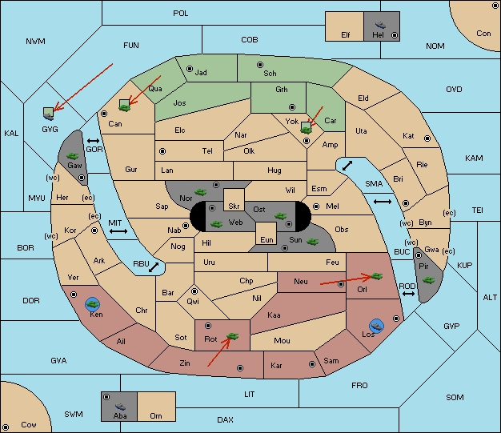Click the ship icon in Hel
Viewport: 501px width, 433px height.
[x=380, y=25]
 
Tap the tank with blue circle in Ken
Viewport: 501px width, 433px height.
[x=93, y=304]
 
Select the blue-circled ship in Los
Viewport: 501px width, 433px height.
[x=377, y=326]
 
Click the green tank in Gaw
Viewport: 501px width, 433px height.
[x=73, y=156]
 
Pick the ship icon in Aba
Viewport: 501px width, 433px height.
[x=120, y=407]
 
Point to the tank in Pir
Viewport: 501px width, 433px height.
[x=428, y=280]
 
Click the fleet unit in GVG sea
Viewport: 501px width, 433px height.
[x=48, y=114]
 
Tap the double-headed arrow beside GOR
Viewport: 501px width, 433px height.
[x=94, y=141]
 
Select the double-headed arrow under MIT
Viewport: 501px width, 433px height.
[x=118, y=231]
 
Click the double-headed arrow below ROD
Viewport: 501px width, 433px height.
[x=408, y=294]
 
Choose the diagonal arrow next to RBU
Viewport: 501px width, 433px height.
[x=154, y=267]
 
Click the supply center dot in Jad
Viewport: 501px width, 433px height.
[x=190, y=69]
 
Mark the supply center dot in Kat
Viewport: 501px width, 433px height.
[x=427, y=138]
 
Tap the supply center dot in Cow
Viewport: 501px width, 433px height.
[x=6, y=427]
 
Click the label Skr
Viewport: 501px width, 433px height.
[x=234, y=206]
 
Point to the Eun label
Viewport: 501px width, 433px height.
[x=267, y=239]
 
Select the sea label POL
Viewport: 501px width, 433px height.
[x=181, y=14]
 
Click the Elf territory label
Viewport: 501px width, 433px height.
[x=346, y=35]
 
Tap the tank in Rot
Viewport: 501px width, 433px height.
[x=232, y=336]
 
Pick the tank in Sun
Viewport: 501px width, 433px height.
[x=312, y=242]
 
